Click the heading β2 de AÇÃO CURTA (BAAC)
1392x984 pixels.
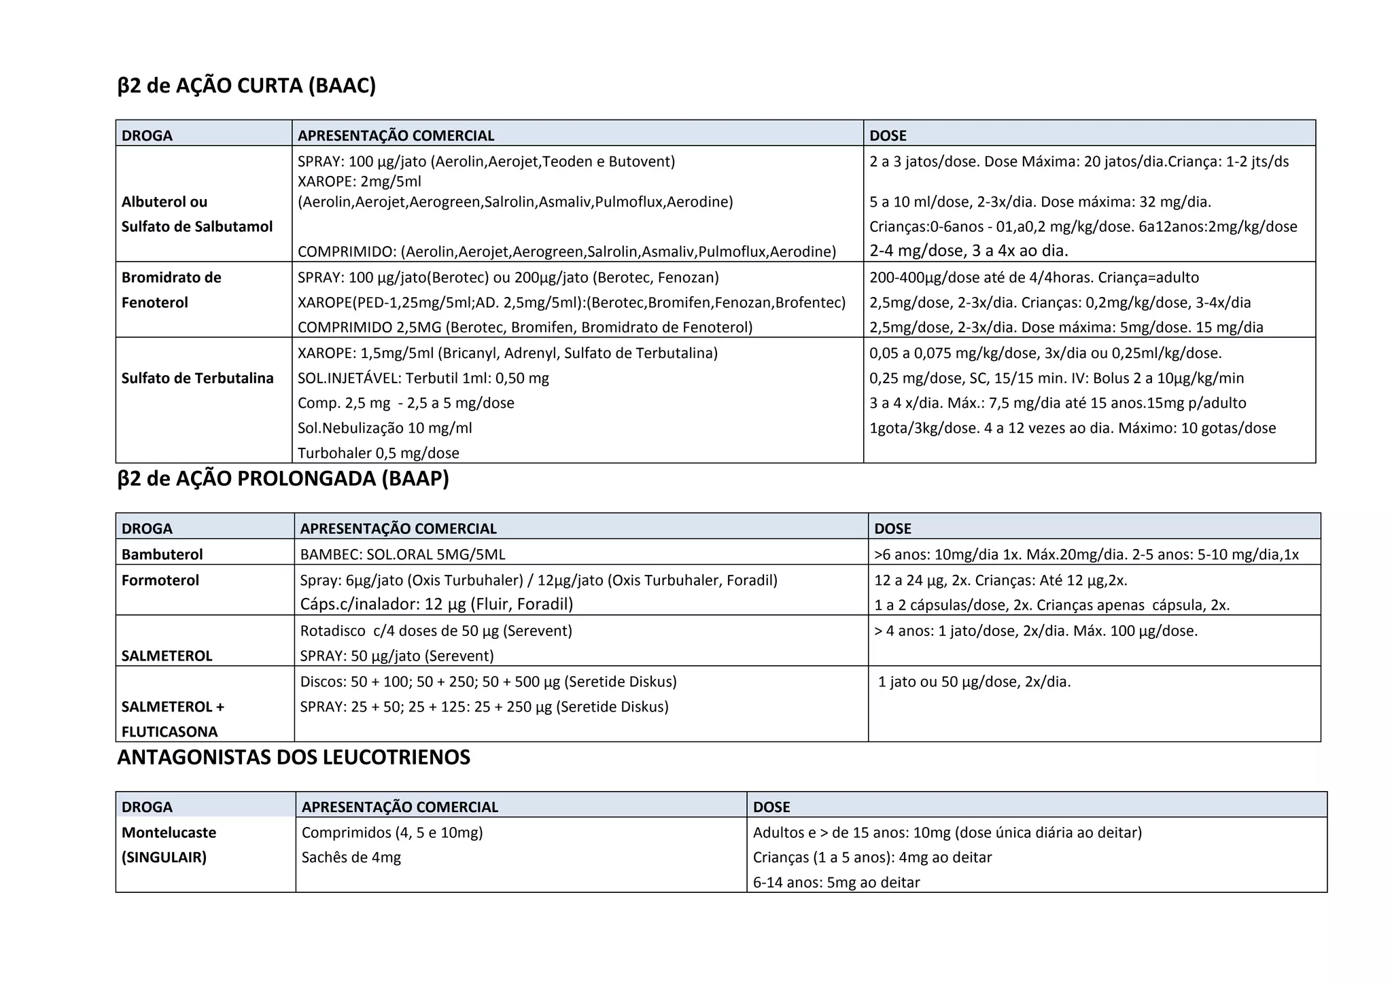point(246,86)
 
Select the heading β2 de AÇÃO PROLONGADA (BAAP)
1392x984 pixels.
point(283,479)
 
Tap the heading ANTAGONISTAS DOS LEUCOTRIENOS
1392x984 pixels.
point(294,757)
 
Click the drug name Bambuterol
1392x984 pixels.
point(162,555)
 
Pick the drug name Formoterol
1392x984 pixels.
point(160,580)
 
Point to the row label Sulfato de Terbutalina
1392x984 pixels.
point(197,379)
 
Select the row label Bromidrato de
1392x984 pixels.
point(171,278)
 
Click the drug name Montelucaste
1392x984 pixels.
point(169,832)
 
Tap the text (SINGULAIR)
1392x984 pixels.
point(164,858)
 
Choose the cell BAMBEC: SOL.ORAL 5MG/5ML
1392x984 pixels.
point(402,555)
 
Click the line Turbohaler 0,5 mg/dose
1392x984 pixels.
point(378,453)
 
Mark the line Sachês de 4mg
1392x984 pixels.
point(351,858)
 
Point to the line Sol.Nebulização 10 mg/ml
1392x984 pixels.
point(385,428)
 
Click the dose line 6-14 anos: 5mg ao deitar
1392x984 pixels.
point(836,883)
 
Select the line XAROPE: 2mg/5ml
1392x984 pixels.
point(360,181)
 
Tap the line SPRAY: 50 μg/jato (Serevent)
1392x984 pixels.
point(397,656)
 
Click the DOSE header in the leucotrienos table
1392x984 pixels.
point(771,807)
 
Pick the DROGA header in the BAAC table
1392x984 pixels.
point(147,136)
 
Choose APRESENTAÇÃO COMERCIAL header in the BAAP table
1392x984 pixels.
point(398,529)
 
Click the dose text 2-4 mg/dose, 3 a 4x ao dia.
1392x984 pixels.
point(969,251)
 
